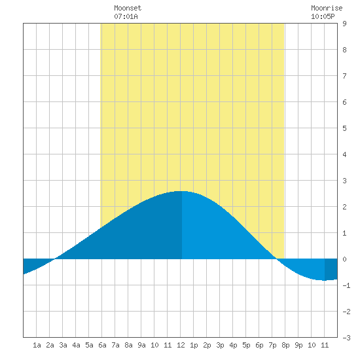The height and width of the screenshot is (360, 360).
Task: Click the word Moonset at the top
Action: point(128,8)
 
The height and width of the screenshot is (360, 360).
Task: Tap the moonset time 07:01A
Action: point(126,16)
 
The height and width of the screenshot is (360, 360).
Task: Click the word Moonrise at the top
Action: point(327,8)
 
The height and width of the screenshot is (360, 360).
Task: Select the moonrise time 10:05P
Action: point(323,16)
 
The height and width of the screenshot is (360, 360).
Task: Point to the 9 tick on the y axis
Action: point(344,24)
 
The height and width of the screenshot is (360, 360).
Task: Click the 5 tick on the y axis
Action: point(344,128)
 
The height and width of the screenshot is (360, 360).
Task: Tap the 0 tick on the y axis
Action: point(344,259)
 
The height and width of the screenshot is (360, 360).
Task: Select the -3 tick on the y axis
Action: point(346,338)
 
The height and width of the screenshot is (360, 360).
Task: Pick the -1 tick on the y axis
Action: point(346,285)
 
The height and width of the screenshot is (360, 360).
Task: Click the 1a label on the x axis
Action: point(37,345)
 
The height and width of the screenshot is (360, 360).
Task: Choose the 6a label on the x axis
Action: point(102,345)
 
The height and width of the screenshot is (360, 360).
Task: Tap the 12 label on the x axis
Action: point(181,345)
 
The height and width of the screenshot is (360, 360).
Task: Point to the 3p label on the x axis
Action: point(220,345)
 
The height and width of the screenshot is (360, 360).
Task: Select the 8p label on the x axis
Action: point(285,345)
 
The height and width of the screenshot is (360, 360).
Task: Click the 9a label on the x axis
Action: point(141,345)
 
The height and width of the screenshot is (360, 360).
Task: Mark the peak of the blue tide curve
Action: point(181,191)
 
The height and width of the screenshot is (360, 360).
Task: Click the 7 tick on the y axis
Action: point(344,76)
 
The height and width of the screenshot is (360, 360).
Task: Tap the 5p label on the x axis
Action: point(246,345)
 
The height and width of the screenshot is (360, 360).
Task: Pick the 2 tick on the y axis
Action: point(344,207)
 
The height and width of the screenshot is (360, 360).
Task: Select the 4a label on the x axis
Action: point(76,345)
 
